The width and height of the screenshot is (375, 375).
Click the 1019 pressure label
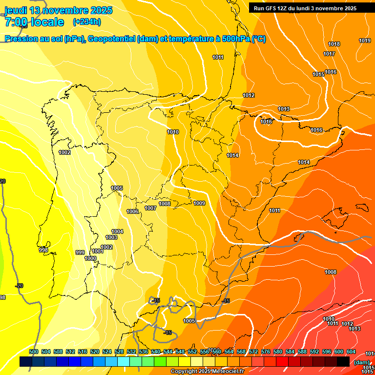365,41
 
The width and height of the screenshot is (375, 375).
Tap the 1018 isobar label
334,44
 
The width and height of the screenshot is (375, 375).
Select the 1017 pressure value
329,54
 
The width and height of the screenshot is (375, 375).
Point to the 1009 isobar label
199,203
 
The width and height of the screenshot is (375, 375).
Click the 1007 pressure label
150,208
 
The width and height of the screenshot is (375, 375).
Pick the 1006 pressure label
132,211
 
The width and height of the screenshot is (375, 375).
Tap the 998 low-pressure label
43,250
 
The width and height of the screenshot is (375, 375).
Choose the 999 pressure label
80,252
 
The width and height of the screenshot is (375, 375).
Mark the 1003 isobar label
111,237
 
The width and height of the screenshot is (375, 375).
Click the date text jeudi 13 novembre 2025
58,10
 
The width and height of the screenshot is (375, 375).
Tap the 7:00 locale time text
34,22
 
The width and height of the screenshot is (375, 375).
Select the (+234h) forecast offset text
86,21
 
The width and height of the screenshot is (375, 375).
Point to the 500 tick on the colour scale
34,352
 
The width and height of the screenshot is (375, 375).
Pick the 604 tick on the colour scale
351,352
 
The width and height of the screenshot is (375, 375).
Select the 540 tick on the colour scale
156,352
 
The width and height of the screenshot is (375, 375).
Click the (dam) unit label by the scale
361,362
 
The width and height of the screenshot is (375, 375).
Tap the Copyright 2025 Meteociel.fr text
207,372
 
